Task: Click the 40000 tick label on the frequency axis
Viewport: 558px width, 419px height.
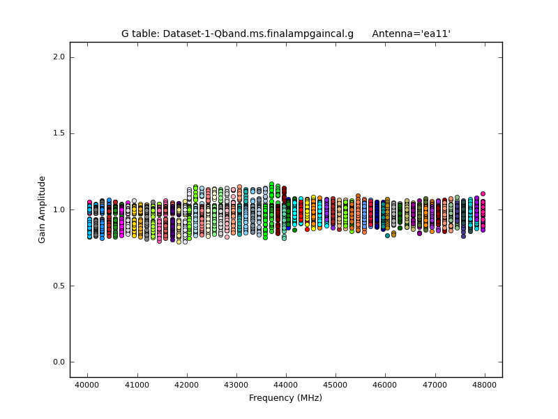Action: [x=87, y=385]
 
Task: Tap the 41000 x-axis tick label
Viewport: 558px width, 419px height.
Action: [x=137, y=385]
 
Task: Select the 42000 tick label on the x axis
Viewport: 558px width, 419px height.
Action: [x=186, y=385]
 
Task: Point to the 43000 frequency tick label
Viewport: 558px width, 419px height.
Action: [x=236, y=385]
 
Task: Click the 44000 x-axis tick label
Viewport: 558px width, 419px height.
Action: [x=286, y=385]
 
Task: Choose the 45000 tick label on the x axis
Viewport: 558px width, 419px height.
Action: [x=335, y=385]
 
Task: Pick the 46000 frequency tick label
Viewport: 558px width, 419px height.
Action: [x=385, y=385]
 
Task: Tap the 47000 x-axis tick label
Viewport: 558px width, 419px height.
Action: [x=435, y=385]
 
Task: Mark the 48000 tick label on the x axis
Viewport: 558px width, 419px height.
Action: [x=485, y=385]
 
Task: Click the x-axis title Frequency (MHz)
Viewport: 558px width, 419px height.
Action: [x=285, y=398]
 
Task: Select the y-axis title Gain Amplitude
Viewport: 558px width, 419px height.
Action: [x=43, y=209]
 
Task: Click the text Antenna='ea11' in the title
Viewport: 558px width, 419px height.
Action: [x=411, y=34]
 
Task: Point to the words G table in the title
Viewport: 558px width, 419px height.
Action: [x=142, y=34]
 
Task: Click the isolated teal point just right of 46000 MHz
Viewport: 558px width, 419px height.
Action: [x=387, y=235]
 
